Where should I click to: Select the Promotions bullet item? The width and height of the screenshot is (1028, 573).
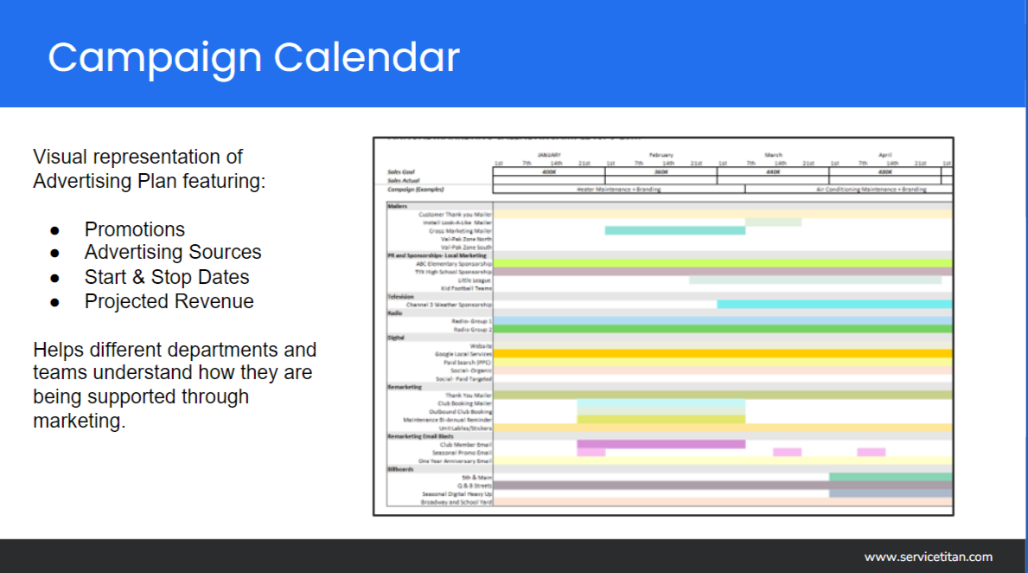click(x=134, y=229)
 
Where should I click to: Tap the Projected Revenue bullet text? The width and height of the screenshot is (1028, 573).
click(x=169, y=301)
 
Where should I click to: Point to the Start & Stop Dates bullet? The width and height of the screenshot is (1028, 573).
click(x=166, y=277)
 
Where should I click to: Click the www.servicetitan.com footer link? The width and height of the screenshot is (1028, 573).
click(x=928, y=557)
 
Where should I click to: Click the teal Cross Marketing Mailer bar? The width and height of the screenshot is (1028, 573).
click(x=674, y=230)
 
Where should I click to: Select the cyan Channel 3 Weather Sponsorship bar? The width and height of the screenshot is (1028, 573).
click(x=833, y=305)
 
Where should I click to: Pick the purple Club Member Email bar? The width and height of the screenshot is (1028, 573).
click(x=661, y=444)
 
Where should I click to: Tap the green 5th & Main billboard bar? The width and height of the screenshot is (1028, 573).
click(x=890, y=477)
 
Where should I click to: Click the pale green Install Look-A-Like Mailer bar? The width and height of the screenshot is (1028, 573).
click(x=772, y=222)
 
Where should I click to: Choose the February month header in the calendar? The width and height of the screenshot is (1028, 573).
click(x=661, y=155)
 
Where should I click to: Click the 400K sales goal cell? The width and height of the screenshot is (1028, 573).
click(x=548, y=171)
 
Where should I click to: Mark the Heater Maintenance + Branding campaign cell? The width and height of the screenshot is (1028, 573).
click(x=605, y=189)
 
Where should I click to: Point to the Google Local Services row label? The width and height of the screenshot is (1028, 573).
click(x=463, y=354)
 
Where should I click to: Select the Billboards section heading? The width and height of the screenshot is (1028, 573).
click(x=401, y=469)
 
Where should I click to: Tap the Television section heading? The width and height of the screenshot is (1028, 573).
click(x=401, y=297)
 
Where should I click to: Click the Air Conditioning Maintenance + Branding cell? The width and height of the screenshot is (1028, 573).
click(x=871, y=189)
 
